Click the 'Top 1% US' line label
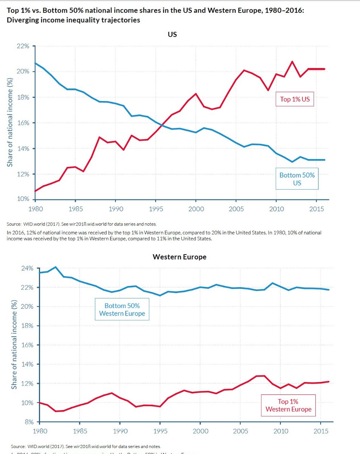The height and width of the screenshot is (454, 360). (x=295, y=100)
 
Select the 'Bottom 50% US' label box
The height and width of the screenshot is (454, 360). (x=297, y=179)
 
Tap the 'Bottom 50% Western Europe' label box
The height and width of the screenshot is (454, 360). (x=122, y=309)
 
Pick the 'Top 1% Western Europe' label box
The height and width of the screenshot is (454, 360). (x=288, y=405)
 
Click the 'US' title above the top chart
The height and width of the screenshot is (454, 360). (x=172, y=34)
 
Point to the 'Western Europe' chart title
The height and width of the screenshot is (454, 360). (x=179, y=257)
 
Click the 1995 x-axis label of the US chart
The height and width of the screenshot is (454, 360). (x=155, y=209)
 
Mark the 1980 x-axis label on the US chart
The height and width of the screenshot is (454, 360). (x=34, y=209)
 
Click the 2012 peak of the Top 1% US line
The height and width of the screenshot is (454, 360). (x=292, y=61)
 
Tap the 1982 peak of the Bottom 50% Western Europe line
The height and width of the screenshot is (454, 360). (x=56, y=267)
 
